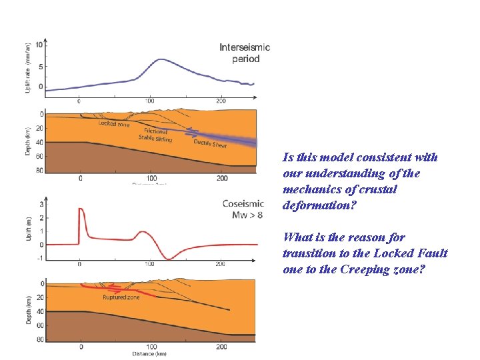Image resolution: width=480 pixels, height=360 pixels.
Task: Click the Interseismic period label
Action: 245,53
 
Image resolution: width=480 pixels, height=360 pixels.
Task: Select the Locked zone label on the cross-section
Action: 114,123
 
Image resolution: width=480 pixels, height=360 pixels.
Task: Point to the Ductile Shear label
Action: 211,143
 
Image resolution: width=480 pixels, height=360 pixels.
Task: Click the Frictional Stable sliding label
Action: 155,135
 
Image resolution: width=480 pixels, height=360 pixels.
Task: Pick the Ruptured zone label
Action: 121,297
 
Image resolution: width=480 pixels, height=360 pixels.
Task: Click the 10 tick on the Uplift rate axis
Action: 40,45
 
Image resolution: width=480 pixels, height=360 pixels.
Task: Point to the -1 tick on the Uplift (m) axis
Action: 41,257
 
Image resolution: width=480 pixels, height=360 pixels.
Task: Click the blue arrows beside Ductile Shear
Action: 192,132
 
